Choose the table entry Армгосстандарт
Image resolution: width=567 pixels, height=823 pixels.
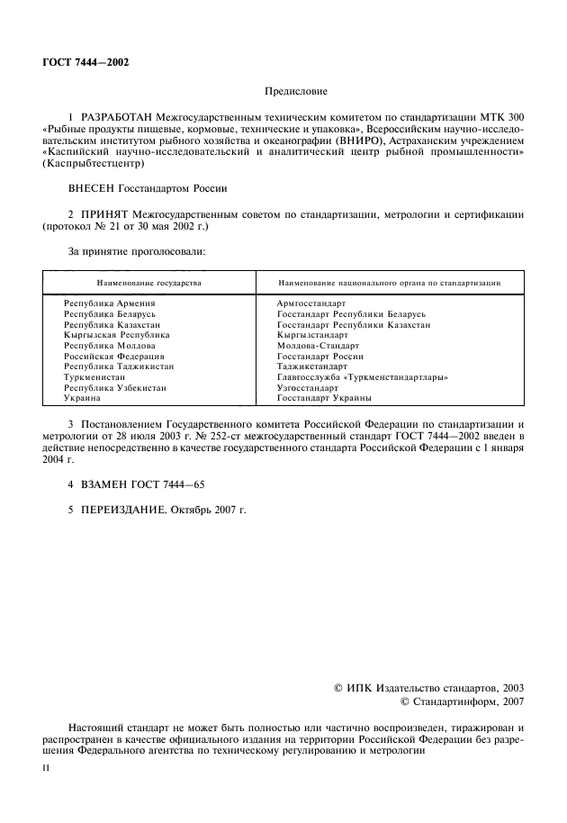(x=311, y=304)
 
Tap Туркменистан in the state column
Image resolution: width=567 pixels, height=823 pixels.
(x=94, y=376)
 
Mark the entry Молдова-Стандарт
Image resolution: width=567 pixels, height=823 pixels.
(x=318, y=346)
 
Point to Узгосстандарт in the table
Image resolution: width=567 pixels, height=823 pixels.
(x=308, y=387)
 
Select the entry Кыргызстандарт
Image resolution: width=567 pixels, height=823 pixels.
(x=312, y=335)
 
